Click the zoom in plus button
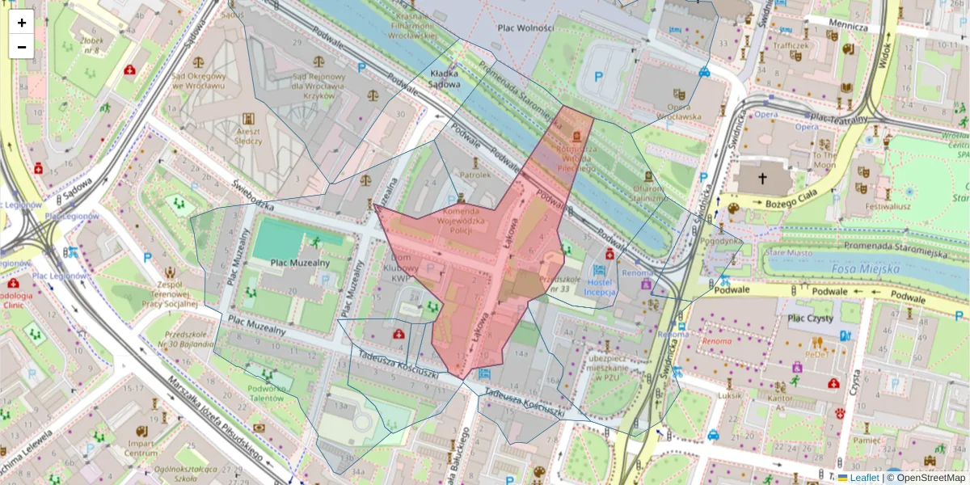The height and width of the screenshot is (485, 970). (x=22, y=23)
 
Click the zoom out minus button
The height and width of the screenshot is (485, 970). (x=22, y=47)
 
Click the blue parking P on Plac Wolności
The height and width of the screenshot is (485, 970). (x=598, y=77)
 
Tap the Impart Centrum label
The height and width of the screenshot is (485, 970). (x=141, y=448)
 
